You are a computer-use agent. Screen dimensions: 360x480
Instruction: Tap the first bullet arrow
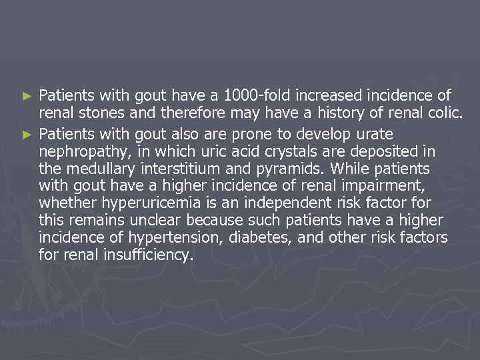27,96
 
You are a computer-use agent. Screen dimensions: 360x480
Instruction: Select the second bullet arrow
27,135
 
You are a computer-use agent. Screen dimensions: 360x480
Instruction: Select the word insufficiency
145,255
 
